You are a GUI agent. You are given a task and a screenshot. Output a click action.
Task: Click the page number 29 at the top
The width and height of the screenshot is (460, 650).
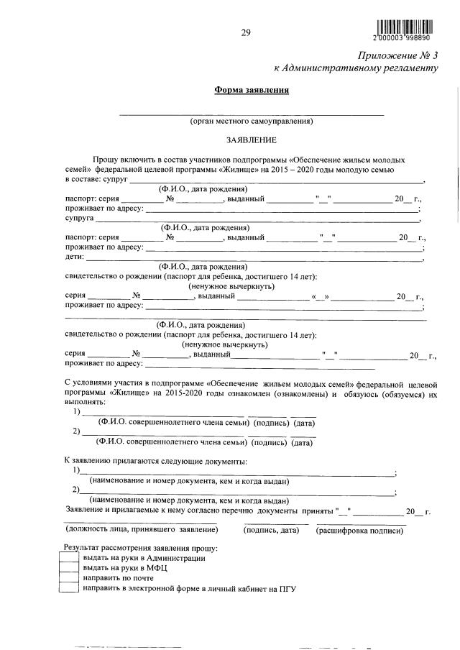(x=245, y=32)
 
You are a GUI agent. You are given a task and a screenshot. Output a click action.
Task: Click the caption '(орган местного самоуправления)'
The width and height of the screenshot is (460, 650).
(x=251, y=122)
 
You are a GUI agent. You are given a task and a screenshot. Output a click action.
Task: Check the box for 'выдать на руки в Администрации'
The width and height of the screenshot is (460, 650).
(x=68, y=558)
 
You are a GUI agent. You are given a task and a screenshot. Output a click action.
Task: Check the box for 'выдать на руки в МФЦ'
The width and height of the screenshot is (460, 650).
(x=68, y=568)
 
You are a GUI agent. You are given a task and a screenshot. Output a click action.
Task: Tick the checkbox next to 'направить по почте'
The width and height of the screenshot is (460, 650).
(x=68, y=578)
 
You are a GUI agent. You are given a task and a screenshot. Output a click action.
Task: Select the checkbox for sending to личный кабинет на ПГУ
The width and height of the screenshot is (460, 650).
(x=68, y=588)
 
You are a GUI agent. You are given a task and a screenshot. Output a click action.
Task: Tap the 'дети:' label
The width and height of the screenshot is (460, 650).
(x=75, y=257)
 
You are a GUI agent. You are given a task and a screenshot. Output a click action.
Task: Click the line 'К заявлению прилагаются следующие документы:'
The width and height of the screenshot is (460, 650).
(x=156, y=460)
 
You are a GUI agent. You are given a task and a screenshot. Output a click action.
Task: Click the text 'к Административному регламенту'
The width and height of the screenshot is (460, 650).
(x=356, y=68)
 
